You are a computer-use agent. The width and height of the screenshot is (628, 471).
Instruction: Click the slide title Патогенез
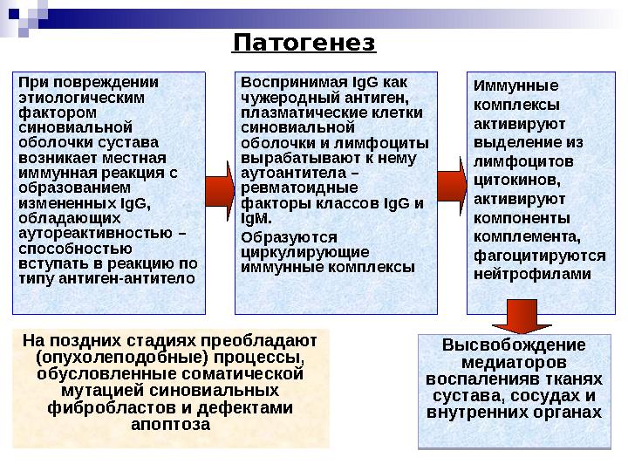pos(304,43)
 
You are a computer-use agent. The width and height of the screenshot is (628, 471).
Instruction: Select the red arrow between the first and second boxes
pos(220,189)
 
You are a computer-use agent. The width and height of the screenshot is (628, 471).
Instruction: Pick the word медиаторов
pos(514,362)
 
